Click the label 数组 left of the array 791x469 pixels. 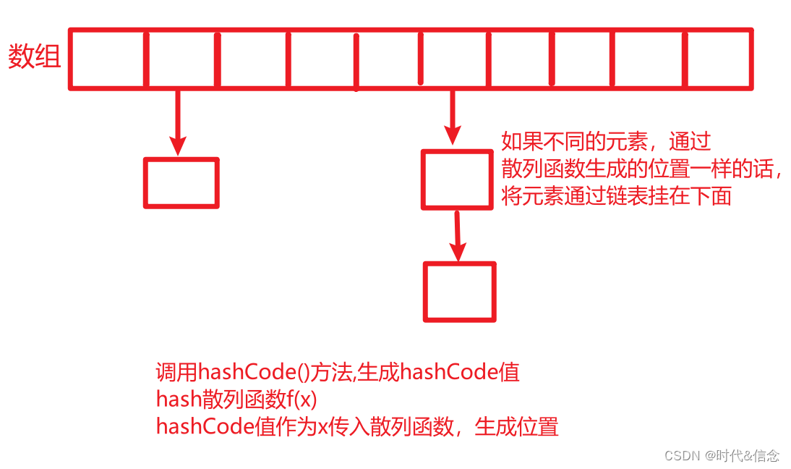[x=34, y=56]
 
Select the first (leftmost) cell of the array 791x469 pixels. [x=108, y=59]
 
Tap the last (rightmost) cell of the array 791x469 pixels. [x=717, y=59]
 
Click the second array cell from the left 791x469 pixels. [x=182, y=59]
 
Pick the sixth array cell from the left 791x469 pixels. [x=456, y=59]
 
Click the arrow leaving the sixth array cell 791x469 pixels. [x=453, y=116]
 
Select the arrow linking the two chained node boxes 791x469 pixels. [x=458, y=235]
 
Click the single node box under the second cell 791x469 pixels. [x=181, y=183]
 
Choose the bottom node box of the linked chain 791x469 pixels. [x=460, y=292]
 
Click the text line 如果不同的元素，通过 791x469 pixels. [x=606, y=141]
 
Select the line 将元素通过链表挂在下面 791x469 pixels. [x=616, y=195]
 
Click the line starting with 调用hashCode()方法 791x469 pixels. [x=337, y=373]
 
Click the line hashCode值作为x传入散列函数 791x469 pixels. [x=356, y=426]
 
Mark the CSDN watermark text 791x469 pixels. [x=721, y=455]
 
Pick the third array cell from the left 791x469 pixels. [x=253, y=59]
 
